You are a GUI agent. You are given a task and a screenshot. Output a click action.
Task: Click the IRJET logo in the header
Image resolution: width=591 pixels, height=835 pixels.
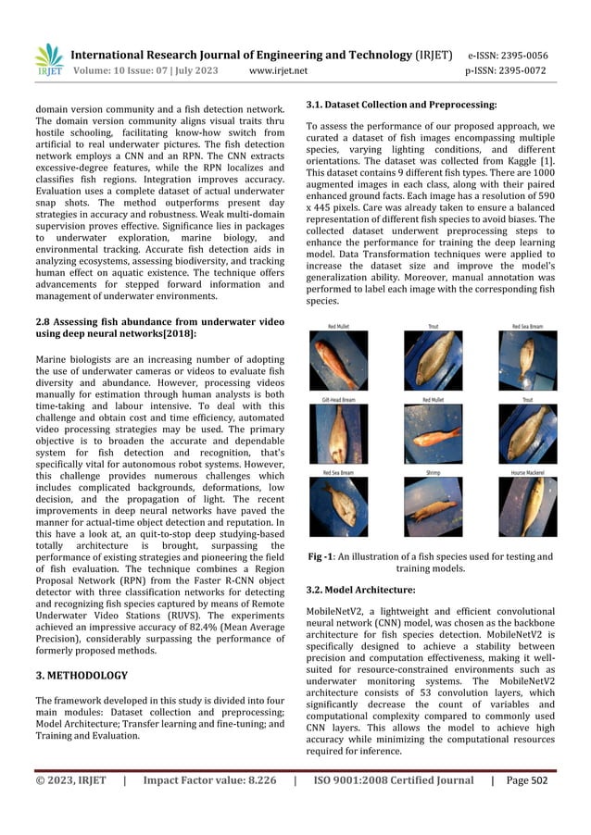tap(48, 57)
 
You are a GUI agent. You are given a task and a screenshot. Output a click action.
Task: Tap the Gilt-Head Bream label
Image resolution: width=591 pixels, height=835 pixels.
tap(339, 399)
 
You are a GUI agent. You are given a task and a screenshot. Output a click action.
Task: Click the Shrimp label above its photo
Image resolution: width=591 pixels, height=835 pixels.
tap(434, 473)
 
